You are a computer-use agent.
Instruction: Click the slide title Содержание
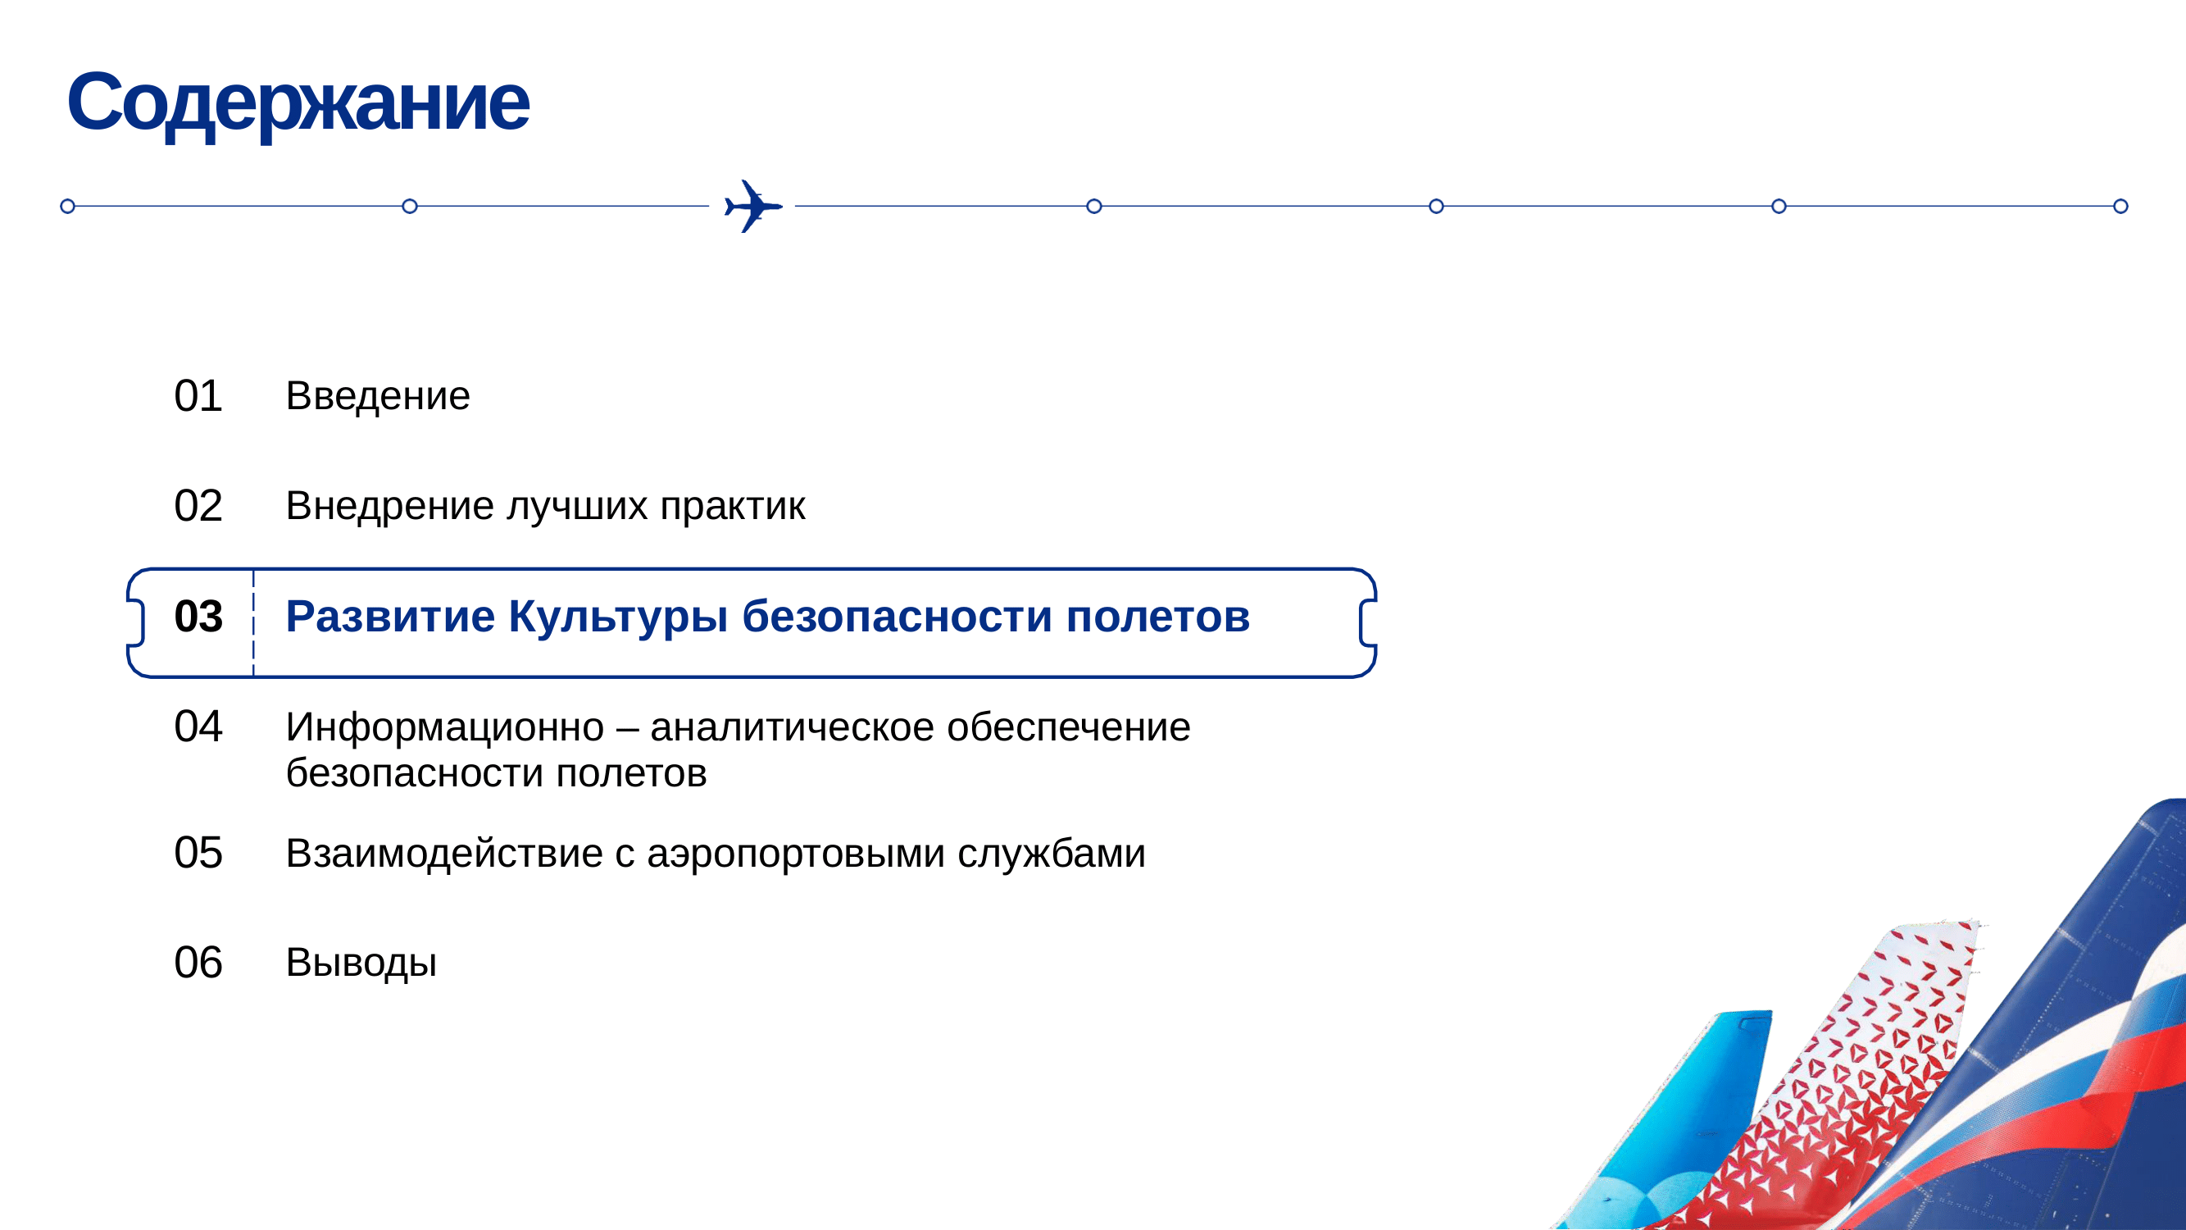(298, 103)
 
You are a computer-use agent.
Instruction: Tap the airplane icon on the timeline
(752, 207)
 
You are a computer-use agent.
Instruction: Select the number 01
(198, 395)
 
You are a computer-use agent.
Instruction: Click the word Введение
(378, 395)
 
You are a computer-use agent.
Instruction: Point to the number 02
(198, 506)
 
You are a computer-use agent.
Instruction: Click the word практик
(732, 507)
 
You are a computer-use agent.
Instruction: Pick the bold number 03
(198, 617)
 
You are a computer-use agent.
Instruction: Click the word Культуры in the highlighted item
(618, 617)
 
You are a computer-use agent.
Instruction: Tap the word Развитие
(390, 617)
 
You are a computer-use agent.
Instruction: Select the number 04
(198, 727)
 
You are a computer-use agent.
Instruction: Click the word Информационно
(445, 727)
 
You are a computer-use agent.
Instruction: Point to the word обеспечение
(1068, 727)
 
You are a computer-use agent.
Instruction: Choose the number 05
(198, 853)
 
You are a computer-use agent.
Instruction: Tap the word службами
(1052, 853)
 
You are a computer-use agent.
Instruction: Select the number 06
(198, 963)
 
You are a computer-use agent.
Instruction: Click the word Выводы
(361, 963)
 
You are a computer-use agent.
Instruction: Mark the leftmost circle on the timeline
(68, 207)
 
